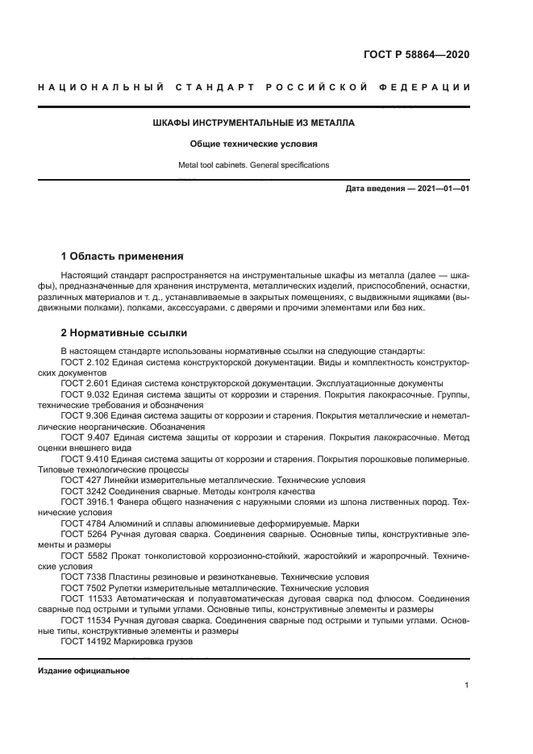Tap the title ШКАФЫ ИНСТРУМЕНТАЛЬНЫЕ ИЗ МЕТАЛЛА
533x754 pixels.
[253, 123]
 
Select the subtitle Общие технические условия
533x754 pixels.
[253, 144]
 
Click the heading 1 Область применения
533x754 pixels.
[123, 256]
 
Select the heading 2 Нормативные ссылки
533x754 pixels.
[123, 332]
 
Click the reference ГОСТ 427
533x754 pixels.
[77, 480]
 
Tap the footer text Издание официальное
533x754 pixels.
[83, 671]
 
